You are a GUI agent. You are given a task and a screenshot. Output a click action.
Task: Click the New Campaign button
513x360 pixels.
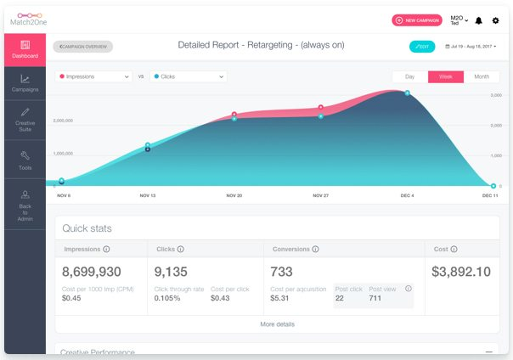pos(417,20)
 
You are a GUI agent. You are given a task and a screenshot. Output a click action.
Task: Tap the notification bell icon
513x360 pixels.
pos(478,20)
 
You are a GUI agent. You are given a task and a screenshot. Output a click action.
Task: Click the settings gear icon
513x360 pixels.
pos(496,20)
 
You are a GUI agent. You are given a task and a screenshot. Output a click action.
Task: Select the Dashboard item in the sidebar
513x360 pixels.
pos(25,49)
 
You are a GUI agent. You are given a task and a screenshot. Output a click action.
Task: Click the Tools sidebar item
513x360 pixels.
pos(25,160)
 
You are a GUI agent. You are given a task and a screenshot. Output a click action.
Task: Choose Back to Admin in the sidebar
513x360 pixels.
pos(25,206)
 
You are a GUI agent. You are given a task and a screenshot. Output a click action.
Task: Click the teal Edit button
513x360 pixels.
pos(422,47)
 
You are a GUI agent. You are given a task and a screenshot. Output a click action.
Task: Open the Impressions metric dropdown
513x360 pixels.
pos(93,76)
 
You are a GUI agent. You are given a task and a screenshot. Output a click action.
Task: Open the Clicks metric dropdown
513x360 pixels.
pos(189,76)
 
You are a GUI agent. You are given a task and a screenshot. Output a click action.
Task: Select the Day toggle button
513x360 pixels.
pos(409,76)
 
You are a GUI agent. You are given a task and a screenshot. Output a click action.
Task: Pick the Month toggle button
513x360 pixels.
pos(482,76)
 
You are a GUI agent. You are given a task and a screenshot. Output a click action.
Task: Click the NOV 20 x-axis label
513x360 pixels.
pos(234,195)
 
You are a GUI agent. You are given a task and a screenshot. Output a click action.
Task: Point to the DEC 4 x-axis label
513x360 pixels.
pos(408,195)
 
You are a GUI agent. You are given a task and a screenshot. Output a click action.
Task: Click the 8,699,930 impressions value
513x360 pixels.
pos(92,272)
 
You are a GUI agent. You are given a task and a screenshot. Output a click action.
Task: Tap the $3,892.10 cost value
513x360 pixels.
pos(461,272)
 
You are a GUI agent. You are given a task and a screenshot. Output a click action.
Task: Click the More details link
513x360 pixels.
pos(277,323)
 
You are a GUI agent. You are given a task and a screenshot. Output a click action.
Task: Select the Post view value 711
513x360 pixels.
pos(375,298)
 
